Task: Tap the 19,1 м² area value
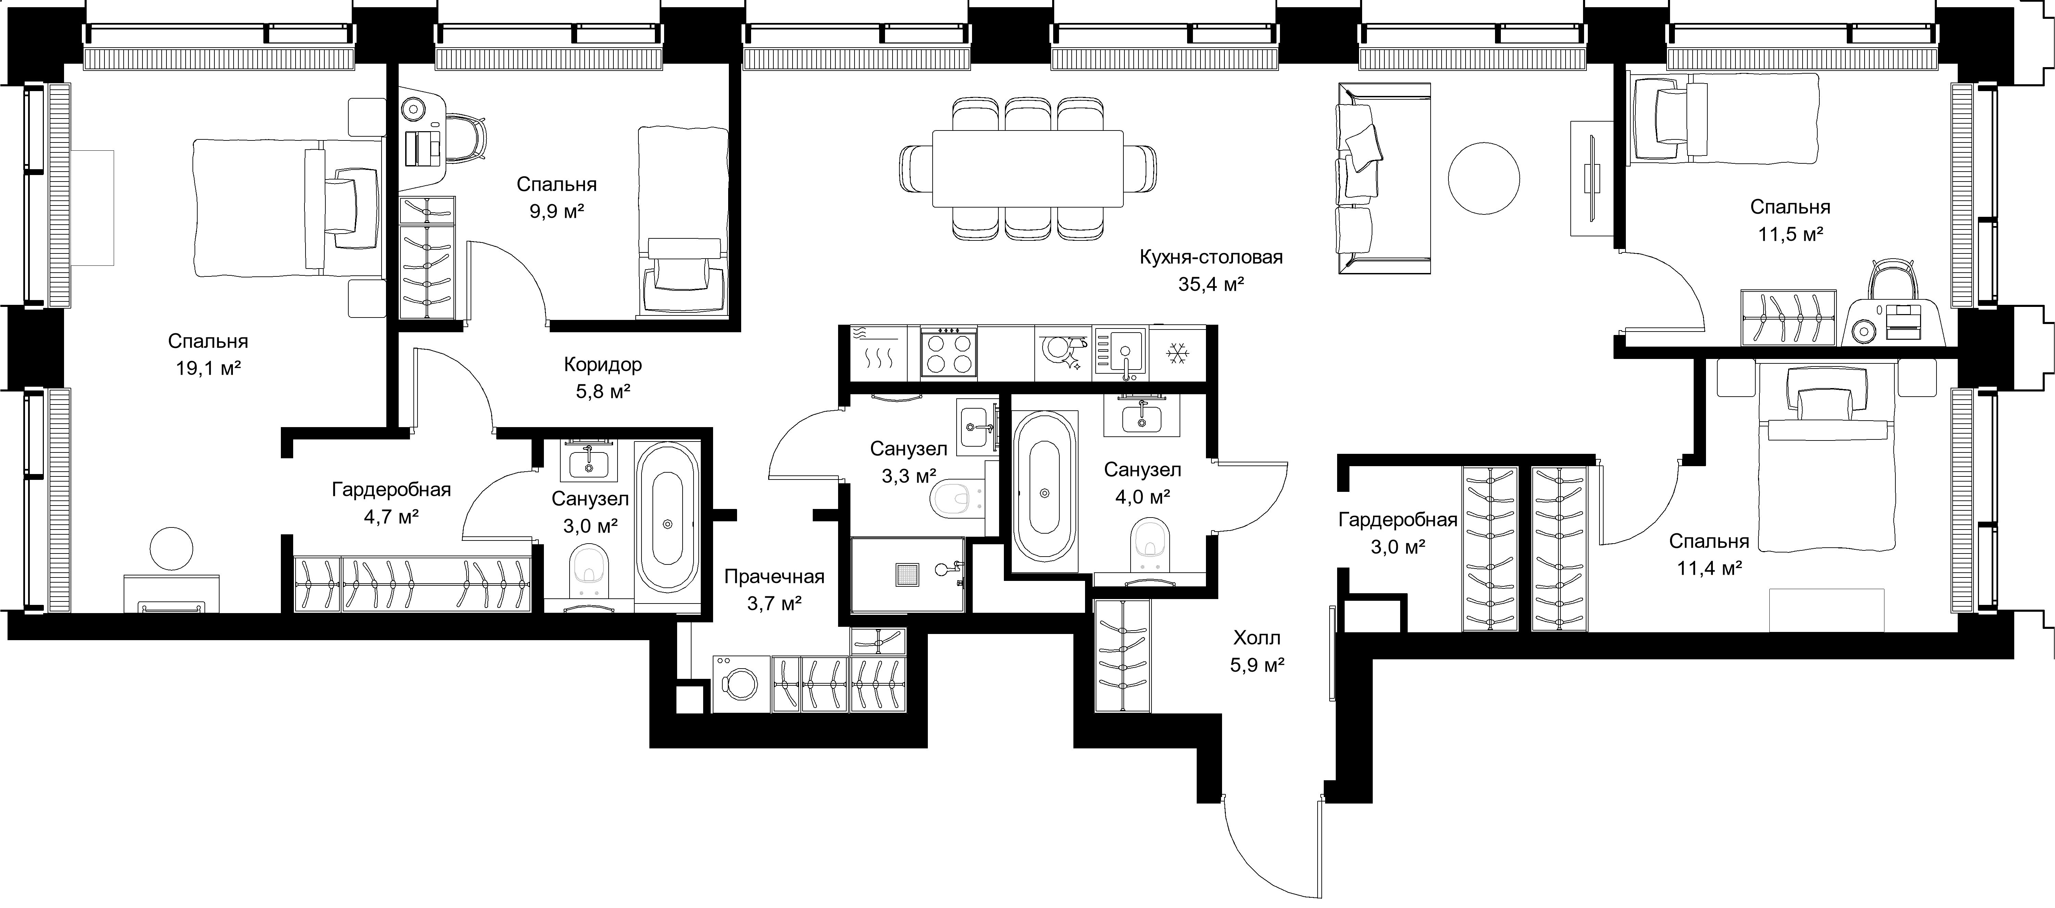[208, 369]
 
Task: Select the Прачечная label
[774, 576]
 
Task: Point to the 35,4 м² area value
[1211, 285]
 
